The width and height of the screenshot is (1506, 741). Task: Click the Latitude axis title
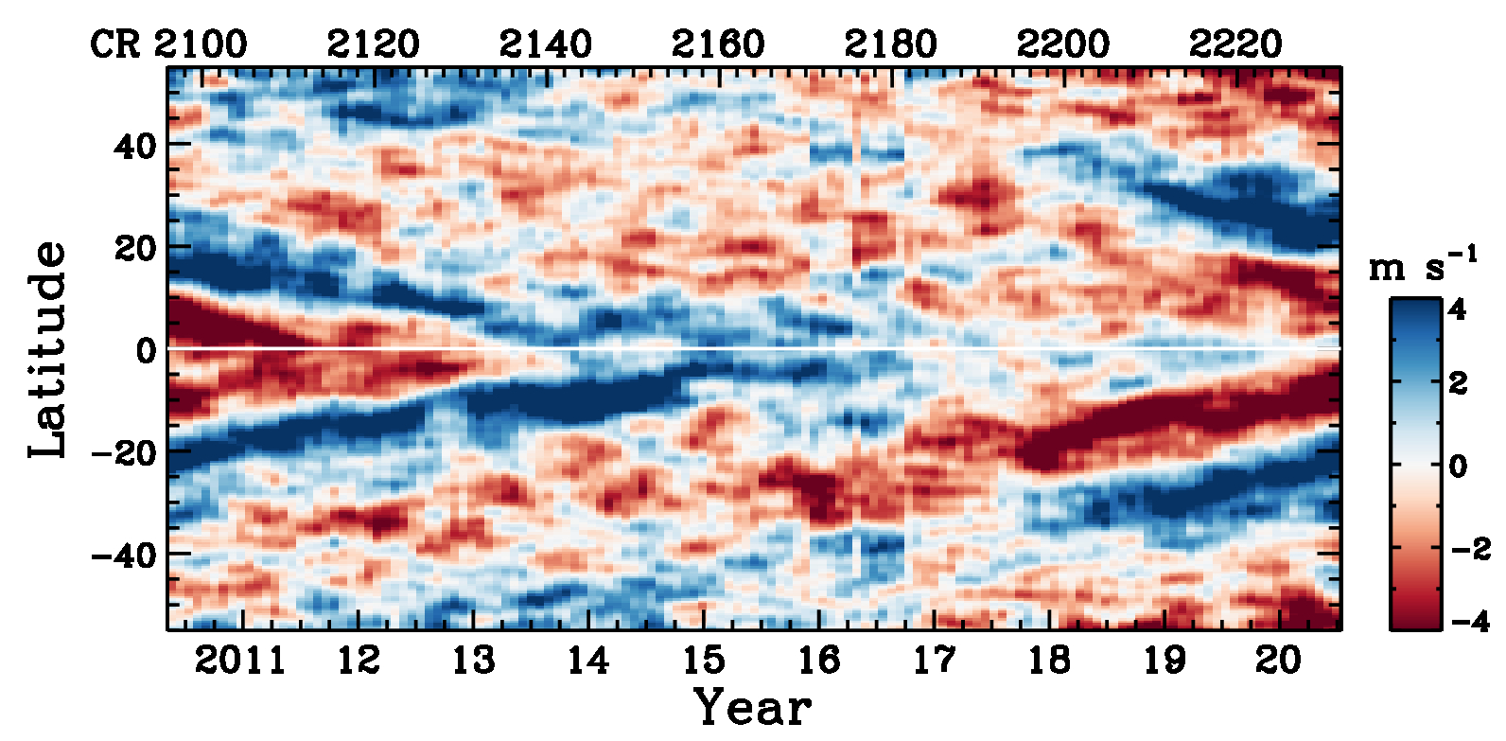[x=47, y=349]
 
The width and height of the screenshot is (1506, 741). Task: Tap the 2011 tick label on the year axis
[x=240, y=660]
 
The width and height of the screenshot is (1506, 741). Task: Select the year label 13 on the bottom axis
[x=473, y=660]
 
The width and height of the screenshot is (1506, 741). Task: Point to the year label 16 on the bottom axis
[x=818, y=660]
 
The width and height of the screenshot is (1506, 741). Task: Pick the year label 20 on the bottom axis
[x=1279, y=660]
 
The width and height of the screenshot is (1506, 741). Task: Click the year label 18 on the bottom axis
[x=1049, y=660]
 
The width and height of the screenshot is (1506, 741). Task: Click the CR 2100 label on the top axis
[x=168, y=44]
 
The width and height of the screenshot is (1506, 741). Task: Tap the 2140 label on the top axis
[x=546, y=44]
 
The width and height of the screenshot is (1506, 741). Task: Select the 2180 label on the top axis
[x=890, y=44]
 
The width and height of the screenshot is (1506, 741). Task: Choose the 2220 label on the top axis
[x=1235, y=44]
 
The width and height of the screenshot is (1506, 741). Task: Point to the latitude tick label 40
[x=135, y=146]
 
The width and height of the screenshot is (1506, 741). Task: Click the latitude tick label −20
[x=124, y=452]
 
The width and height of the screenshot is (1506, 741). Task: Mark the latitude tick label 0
[x=146, y=351]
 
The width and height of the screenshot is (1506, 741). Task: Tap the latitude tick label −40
[x=124, y=555]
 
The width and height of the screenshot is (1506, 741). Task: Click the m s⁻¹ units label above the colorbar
[x=1422, y=266]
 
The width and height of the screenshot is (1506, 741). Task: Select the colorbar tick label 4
[x=1458, y=309]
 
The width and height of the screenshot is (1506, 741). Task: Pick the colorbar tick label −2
[x=1469, y=548]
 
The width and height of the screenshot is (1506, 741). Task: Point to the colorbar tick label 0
[x=1458, y=466]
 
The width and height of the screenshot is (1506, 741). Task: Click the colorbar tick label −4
[x=1469, y=622]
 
